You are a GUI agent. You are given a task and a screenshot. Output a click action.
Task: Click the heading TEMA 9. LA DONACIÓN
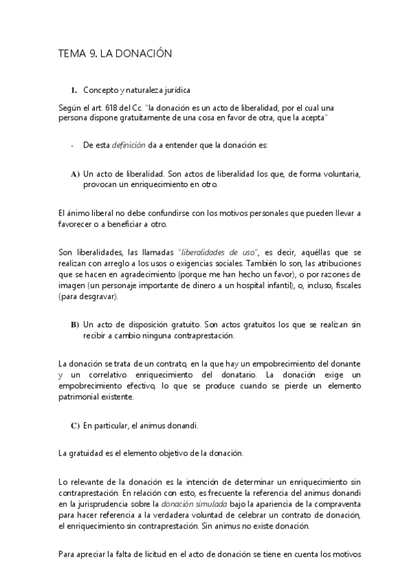point(114,53)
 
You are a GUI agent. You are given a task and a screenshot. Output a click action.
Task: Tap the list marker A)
point(75,174)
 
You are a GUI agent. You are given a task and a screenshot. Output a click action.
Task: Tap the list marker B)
point(75,323)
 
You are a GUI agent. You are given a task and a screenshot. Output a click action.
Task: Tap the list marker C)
point(75,425)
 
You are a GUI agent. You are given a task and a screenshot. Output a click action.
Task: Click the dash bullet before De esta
point(72,145)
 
